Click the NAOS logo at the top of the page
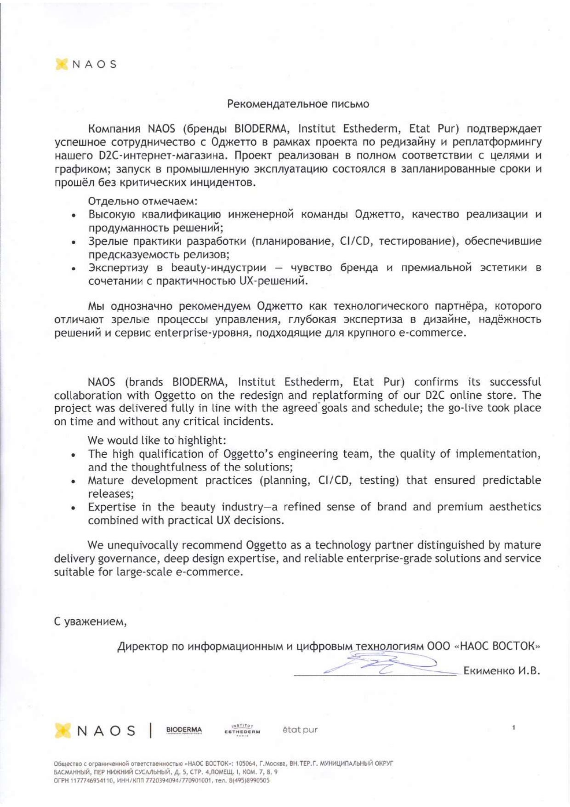pyautogui.click(x=86, y=64)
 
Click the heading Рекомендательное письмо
pyautogui.click(x=298, y=104)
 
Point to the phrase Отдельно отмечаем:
pyautogui.click(x=143, y=201)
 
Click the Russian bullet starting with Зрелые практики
pyautogui.click(x=314, y=241)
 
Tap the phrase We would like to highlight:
pyautogui.click(x=157, y=441)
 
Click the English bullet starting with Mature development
pyautogui.click(x=314, y=481)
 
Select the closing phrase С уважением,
pyautogui.click(x=90, y=622)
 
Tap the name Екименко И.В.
pyautogui.click(x=501, y=671)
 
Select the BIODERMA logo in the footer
pyautogui.click(x=184, y=730)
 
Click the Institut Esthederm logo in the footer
pyautogui.click(x=242, y=729)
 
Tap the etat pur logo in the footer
pyautogui.click(x=300, y=730)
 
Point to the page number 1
pyautogui.click(x=513, y=727)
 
